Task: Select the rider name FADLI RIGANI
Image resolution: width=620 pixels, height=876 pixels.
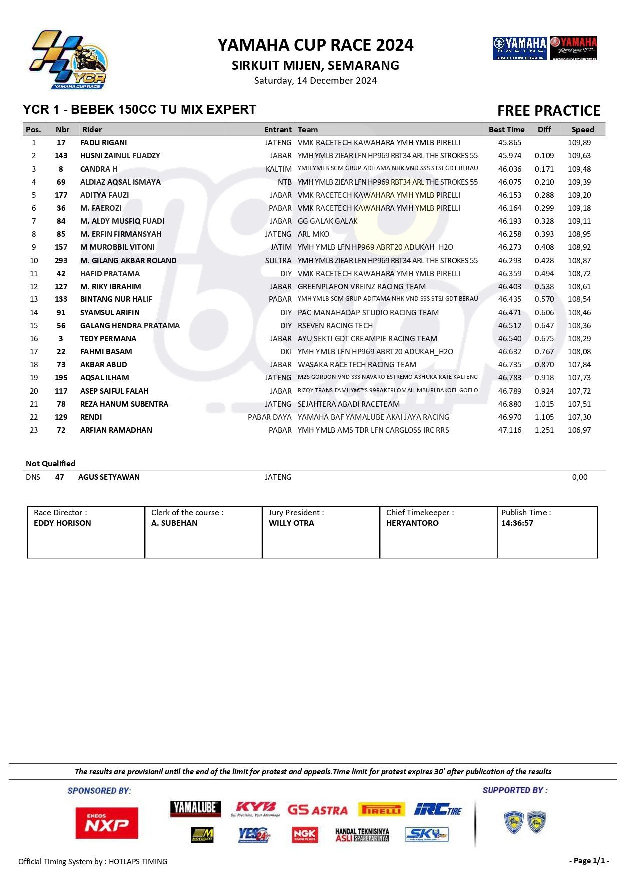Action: point(103,143)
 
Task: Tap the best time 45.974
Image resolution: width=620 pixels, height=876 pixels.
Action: point(509,156)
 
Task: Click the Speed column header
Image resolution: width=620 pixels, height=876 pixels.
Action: point(583,130)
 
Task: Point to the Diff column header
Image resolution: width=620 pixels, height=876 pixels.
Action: point(544,130)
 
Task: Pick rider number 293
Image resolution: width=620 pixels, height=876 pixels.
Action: point(61,261)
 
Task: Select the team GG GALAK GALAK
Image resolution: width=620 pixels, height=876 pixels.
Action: point(327,221)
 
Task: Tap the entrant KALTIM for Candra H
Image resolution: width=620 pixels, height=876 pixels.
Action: point(279,169)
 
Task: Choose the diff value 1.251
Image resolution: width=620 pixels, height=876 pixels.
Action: point(544,430)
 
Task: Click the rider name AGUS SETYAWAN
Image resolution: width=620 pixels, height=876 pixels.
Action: point(109,477)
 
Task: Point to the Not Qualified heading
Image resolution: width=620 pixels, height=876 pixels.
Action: point(51,464)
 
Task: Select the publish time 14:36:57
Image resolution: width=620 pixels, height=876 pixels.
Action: point(517,523)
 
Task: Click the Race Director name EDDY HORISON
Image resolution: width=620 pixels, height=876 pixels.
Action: point(62,523)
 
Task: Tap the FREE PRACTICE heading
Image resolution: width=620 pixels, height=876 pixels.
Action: point(548,111)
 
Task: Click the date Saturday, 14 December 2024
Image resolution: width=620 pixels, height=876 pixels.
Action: point(315,81)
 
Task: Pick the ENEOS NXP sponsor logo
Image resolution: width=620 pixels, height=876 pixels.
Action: point(107,823)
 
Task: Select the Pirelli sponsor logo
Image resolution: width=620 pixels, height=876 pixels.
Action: point(381,810)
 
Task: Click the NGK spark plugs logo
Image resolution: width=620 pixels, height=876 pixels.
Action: point(304,834)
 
